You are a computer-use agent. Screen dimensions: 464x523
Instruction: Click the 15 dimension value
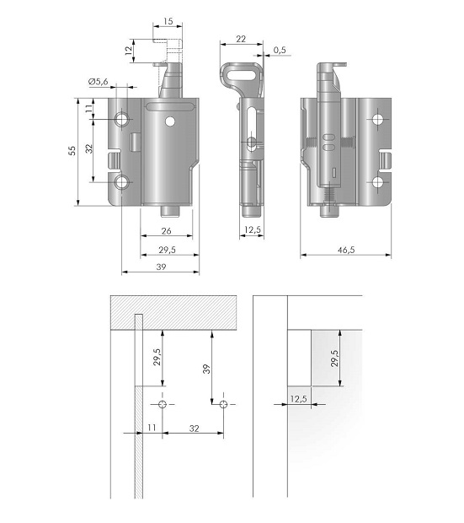(x=168, y=21)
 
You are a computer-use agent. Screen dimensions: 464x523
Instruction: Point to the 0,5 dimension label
(x=280, y=50)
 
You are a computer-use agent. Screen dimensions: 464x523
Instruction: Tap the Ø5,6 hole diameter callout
(x=99, y=81)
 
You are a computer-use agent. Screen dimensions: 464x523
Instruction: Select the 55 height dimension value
(x=72, y=151)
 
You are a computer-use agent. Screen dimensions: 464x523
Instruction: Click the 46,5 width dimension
(x=346, y=250)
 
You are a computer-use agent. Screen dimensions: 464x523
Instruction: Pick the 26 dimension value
(x=166, y=231)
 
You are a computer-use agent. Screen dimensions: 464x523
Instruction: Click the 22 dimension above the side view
(x=241, y=39)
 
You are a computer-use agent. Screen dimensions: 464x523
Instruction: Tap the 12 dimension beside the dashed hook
(x=128, y=51)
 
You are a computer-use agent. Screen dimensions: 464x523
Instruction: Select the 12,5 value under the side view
(x=253, y=229)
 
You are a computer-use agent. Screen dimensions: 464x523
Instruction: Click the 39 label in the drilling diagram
(x=206, y=369)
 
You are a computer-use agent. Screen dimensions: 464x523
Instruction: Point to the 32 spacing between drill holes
(x=195, y=429)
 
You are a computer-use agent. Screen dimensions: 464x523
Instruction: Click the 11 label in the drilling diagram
(x=152, y=428)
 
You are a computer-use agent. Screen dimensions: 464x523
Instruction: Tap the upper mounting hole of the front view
(x=121, y=119)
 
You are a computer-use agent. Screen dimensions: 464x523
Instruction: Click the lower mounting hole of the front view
(x=121, y=182)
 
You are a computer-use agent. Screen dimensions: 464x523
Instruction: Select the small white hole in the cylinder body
(x=170, y=121)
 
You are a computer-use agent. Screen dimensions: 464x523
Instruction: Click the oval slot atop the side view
(x=242, y=73)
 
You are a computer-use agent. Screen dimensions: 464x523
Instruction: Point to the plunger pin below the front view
(x=169, y=211)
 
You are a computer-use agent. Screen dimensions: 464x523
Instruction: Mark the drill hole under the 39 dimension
(x=223, y=405)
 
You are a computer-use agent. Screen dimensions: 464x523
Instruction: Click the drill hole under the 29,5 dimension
(x=163, y=404)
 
